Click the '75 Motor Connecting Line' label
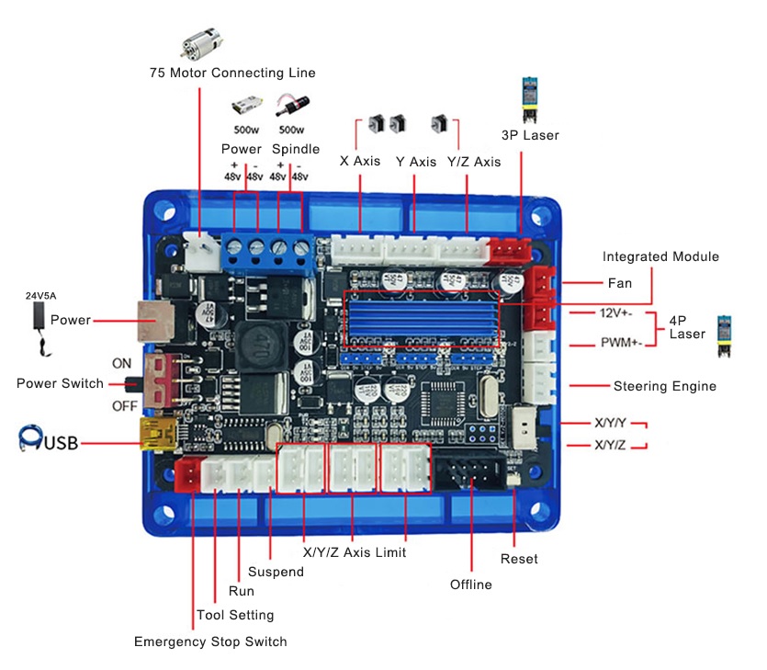(x=232, y=73)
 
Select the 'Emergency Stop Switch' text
(x=210, y=642)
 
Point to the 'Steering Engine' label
(x=665, y=386)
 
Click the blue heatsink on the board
(x=422, y=318)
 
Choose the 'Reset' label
(x=519, y=559)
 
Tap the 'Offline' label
(x=471, y=585)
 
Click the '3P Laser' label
(x=530, y=135)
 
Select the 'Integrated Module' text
(x=660, y=256)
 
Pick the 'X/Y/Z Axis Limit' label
(x=355, y=552)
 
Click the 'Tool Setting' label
(x=235, y=615)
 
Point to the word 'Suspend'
(x=276, y=572)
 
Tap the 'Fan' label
(x=620, y=283)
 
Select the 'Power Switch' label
(x=61, y=383)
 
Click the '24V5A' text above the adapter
(x=40, y=296)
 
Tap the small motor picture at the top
(x=201, y=43)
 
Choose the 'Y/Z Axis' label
(x=474, y=162)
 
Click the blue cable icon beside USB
(x=30, y=437)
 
